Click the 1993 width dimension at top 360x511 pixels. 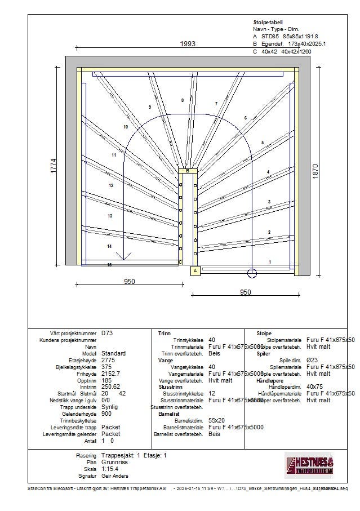tap(188, 44)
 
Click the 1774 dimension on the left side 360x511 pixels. tap(54, 165)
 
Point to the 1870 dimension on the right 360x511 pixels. tap(315, 171)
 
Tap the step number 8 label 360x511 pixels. tap(182, 100)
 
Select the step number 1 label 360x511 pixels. tap(270, 262)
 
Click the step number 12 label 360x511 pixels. tap(111, 185)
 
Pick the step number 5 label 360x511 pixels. tap(262, 143)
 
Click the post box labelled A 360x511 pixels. tap(195, 271)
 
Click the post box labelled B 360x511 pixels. tap(188, 171)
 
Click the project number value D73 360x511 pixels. tap(107, 333)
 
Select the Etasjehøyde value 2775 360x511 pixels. tap(109, 360)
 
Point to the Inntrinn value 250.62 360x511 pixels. tap(112, 386)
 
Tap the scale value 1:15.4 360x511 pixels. tap(110, 469)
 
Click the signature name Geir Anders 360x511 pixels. tap(115, 476)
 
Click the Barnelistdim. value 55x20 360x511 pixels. tap(216, 420)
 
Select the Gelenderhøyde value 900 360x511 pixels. tap(107, 414)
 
